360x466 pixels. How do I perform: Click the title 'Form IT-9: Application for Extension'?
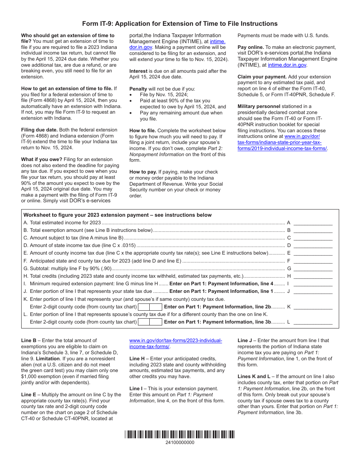pos(180,24)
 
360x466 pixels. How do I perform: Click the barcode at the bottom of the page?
pos(180,434)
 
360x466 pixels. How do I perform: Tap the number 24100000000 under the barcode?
pos(180,443)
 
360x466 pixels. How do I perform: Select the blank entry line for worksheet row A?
pos(313,223)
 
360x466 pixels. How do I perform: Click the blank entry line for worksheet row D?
pos(313,246)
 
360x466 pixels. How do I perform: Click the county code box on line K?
pos(150,307)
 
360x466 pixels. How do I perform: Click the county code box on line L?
pos(150,322)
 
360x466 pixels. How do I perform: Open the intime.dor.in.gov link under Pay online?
pos(287,65)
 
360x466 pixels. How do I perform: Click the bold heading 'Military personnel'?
pos(259,106)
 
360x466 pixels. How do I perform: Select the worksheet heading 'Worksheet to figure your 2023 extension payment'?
pos(117,215)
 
